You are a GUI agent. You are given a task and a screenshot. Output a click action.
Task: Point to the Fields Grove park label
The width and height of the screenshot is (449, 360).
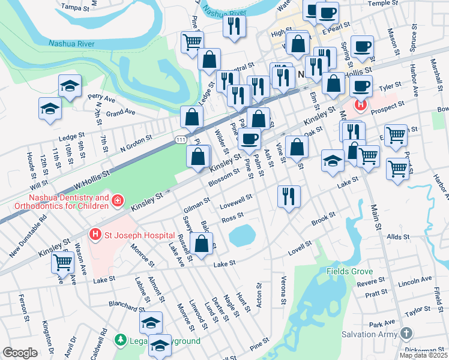(351, 271)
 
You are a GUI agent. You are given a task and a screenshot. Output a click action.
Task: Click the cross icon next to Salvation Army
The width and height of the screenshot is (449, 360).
(406, 333)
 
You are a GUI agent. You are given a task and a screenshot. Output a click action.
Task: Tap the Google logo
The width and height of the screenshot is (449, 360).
(20, 353)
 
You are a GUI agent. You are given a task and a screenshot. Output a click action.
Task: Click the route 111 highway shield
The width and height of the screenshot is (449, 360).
(181, 139)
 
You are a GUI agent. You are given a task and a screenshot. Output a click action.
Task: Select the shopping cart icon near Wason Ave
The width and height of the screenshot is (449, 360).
(63, 262)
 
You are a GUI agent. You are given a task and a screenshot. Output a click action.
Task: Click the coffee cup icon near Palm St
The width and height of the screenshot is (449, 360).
(249, 139)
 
